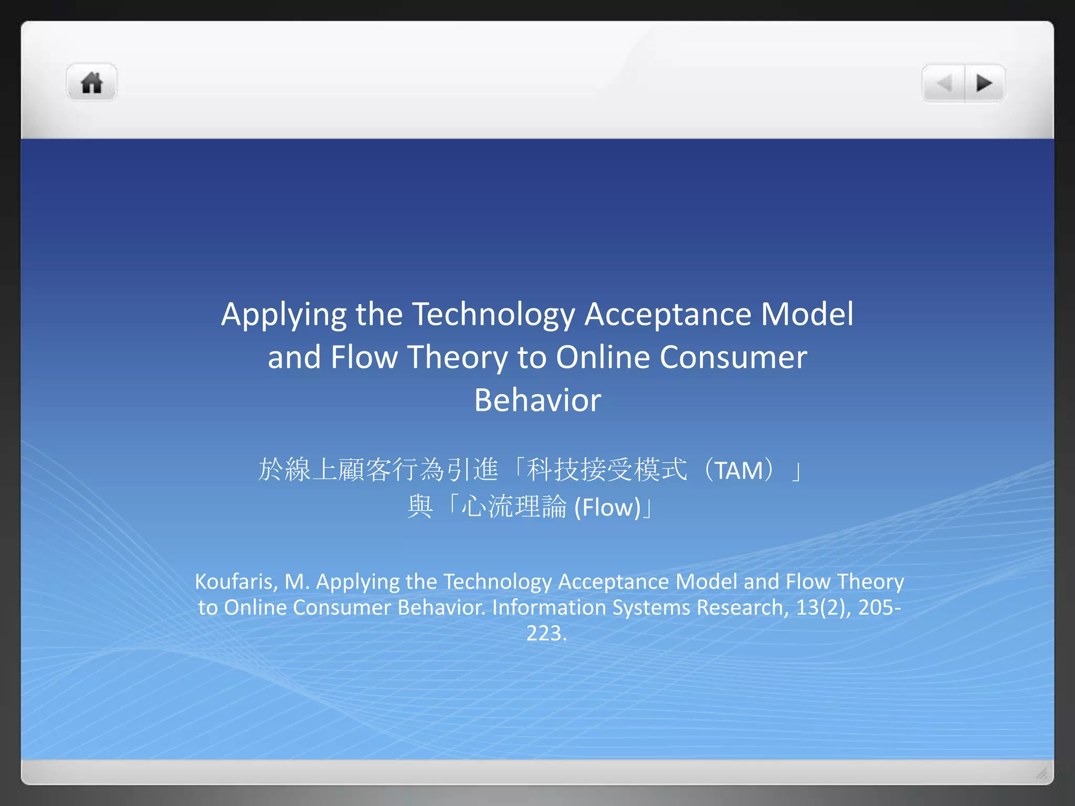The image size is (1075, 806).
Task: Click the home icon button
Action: point(91,83)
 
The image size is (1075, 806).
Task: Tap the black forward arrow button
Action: point(984,83)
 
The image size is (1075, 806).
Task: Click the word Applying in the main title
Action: point(283,315)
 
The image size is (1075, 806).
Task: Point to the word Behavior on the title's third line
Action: point(537,400)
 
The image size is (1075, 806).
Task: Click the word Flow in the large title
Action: point(364,357)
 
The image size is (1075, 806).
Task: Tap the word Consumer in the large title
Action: point(733,357)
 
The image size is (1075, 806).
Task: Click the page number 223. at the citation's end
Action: point(546,633)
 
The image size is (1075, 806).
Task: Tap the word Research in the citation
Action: point(742,608)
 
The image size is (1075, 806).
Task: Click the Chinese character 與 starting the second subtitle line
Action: point(420,507)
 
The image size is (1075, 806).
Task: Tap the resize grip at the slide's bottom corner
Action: point(1041,773)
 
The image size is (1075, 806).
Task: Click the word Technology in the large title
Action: point(493,315)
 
